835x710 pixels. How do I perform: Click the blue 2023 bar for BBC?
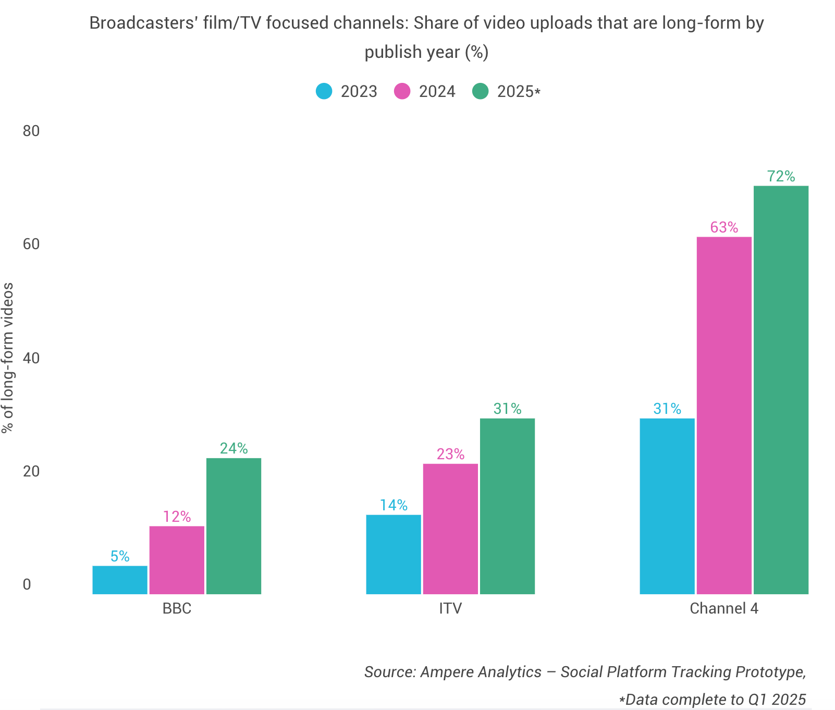(x=120, y=580)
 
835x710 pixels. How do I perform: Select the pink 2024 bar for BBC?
(x=177, y=560)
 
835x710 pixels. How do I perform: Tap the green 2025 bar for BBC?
(x=234, y=526)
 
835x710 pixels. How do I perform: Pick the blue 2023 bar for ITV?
(x=394, y=554)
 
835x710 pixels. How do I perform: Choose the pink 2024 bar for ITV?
(x=450, y=529)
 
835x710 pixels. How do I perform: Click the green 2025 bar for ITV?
(x=507, y=506)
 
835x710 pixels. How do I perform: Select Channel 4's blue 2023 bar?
(x=667, y=506)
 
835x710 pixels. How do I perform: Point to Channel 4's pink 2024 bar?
(x=724, y=415)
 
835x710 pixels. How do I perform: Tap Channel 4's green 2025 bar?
(x=781, y=390)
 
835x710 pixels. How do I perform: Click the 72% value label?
(x=781, y=177)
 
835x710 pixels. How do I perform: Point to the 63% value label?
(x=724, y=228)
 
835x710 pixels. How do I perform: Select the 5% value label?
(x=120, y=557)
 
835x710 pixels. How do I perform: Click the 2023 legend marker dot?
(x=324, y=91)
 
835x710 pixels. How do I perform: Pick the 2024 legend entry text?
(x=437, y=92)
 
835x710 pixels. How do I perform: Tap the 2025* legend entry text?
(x=519, y=92)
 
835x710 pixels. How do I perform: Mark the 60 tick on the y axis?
(x=31, y=244)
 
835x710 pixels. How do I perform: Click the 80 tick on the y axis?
(x=31, y=131)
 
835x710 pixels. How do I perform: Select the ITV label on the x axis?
(x=450, y=608)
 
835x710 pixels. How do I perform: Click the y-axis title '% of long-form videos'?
(x=8, y=358)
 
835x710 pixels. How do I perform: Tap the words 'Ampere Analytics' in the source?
(x=481, y=672)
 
